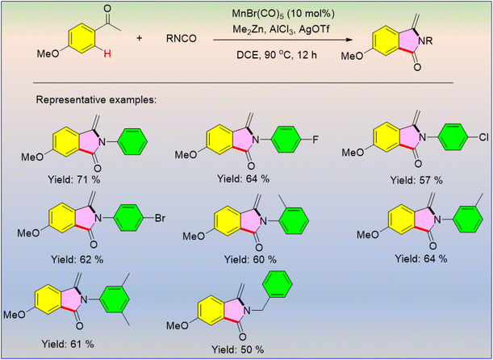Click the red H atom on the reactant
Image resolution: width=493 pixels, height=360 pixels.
point(107,54)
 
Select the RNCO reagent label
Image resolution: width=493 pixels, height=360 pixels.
point(182,39)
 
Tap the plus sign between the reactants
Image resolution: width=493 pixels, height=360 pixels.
point(139,38)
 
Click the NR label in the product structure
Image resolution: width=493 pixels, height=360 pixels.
point(426,41)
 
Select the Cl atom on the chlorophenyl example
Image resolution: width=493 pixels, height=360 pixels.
point(478,137)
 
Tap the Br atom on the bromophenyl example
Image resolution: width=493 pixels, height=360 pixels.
point(160,218)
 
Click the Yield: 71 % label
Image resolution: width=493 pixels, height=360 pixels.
point(73,180)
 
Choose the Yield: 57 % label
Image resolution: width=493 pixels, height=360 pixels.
point(416,180)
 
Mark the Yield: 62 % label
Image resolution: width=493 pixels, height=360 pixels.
point(77,259)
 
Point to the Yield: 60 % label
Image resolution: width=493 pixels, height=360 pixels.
point(250,259)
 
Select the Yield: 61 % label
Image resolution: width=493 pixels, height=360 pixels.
point(68,344)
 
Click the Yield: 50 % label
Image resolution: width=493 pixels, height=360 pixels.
point(237,349)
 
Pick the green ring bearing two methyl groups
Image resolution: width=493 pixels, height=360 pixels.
point(114,299)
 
